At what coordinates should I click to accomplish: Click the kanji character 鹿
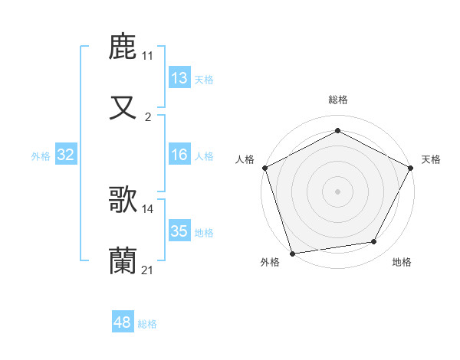(x=123, y=47)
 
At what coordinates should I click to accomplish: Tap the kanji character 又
(x=123, y=108)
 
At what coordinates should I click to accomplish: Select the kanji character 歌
(x=123, y=200)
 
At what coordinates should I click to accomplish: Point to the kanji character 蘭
(x=123, y=261)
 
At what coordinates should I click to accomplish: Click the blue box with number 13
(x=179, y=78)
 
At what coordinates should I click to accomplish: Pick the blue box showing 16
(x=179, y=155)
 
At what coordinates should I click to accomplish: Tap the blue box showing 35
(x=179, y=231)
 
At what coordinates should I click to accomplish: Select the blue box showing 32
(x=66, y=155)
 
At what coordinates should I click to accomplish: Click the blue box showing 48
(x=122, y=323)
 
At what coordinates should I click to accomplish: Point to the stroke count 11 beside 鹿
(x=147, y=56)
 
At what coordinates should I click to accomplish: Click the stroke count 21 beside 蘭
(x=147, y=270)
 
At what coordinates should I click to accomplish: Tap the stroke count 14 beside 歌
(x=147, y=208)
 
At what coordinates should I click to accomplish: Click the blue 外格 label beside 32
(x=41, y=155)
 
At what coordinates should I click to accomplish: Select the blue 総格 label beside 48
(x=147, y=324)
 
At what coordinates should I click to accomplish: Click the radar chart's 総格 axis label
(x=338, y=100)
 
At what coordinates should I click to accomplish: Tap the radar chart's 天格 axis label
(x=431, y=159)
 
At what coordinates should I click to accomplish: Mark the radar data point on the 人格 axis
(x=265, y=168)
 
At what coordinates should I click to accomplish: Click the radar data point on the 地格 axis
(x=374, y=242)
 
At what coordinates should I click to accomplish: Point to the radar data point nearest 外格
(x=292, y=253)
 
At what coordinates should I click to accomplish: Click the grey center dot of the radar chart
(x=338, y=191)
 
